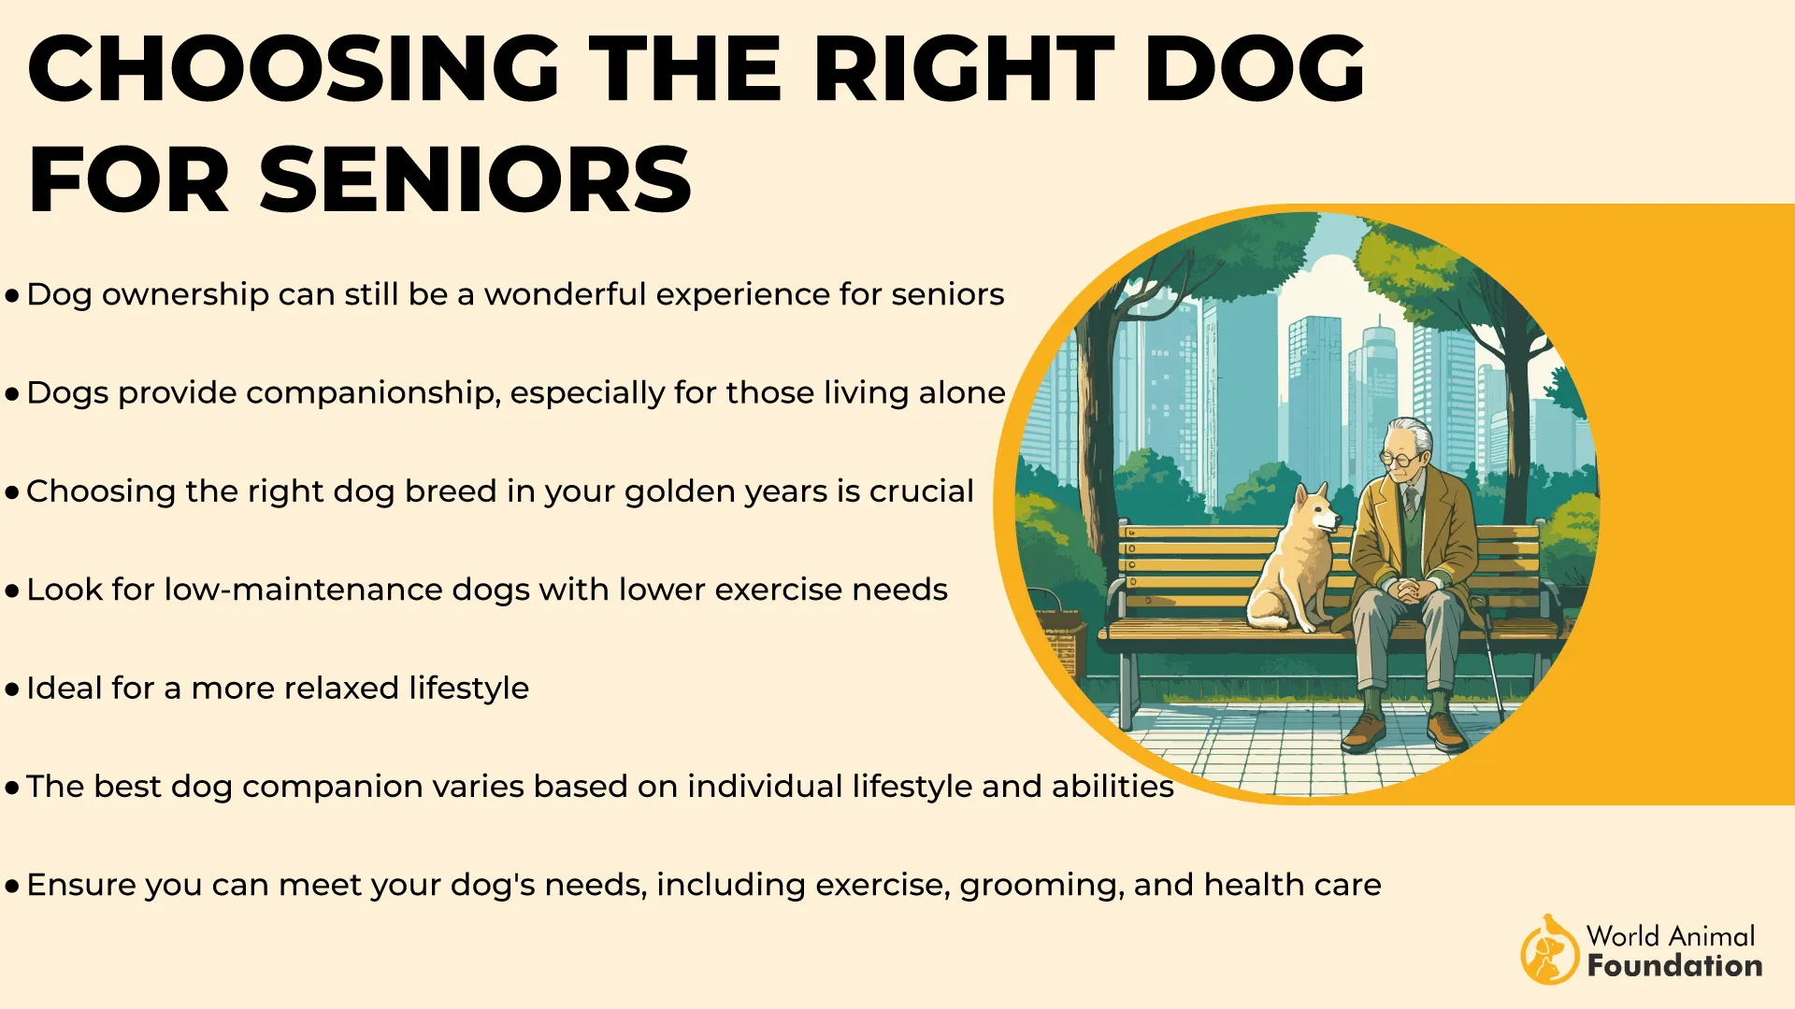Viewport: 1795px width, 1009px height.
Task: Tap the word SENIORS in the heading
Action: [x=476, y=179]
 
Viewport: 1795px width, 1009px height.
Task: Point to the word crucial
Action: [x=921, y=490]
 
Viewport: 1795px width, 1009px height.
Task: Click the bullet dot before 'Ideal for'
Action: [x=12, y=690]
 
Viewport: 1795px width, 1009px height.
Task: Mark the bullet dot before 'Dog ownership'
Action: [x=12, y=296]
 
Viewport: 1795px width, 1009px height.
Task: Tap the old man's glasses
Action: [x=1400, y=459]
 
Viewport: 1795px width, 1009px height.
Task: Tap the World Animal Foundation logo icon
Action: [x=1548, y=950]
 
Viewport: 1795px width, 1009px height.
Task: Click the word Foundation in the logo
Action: [x=1675, y=965]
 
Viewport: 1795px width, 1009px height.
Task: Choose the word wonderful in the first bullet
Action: [x=565, y=294]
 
